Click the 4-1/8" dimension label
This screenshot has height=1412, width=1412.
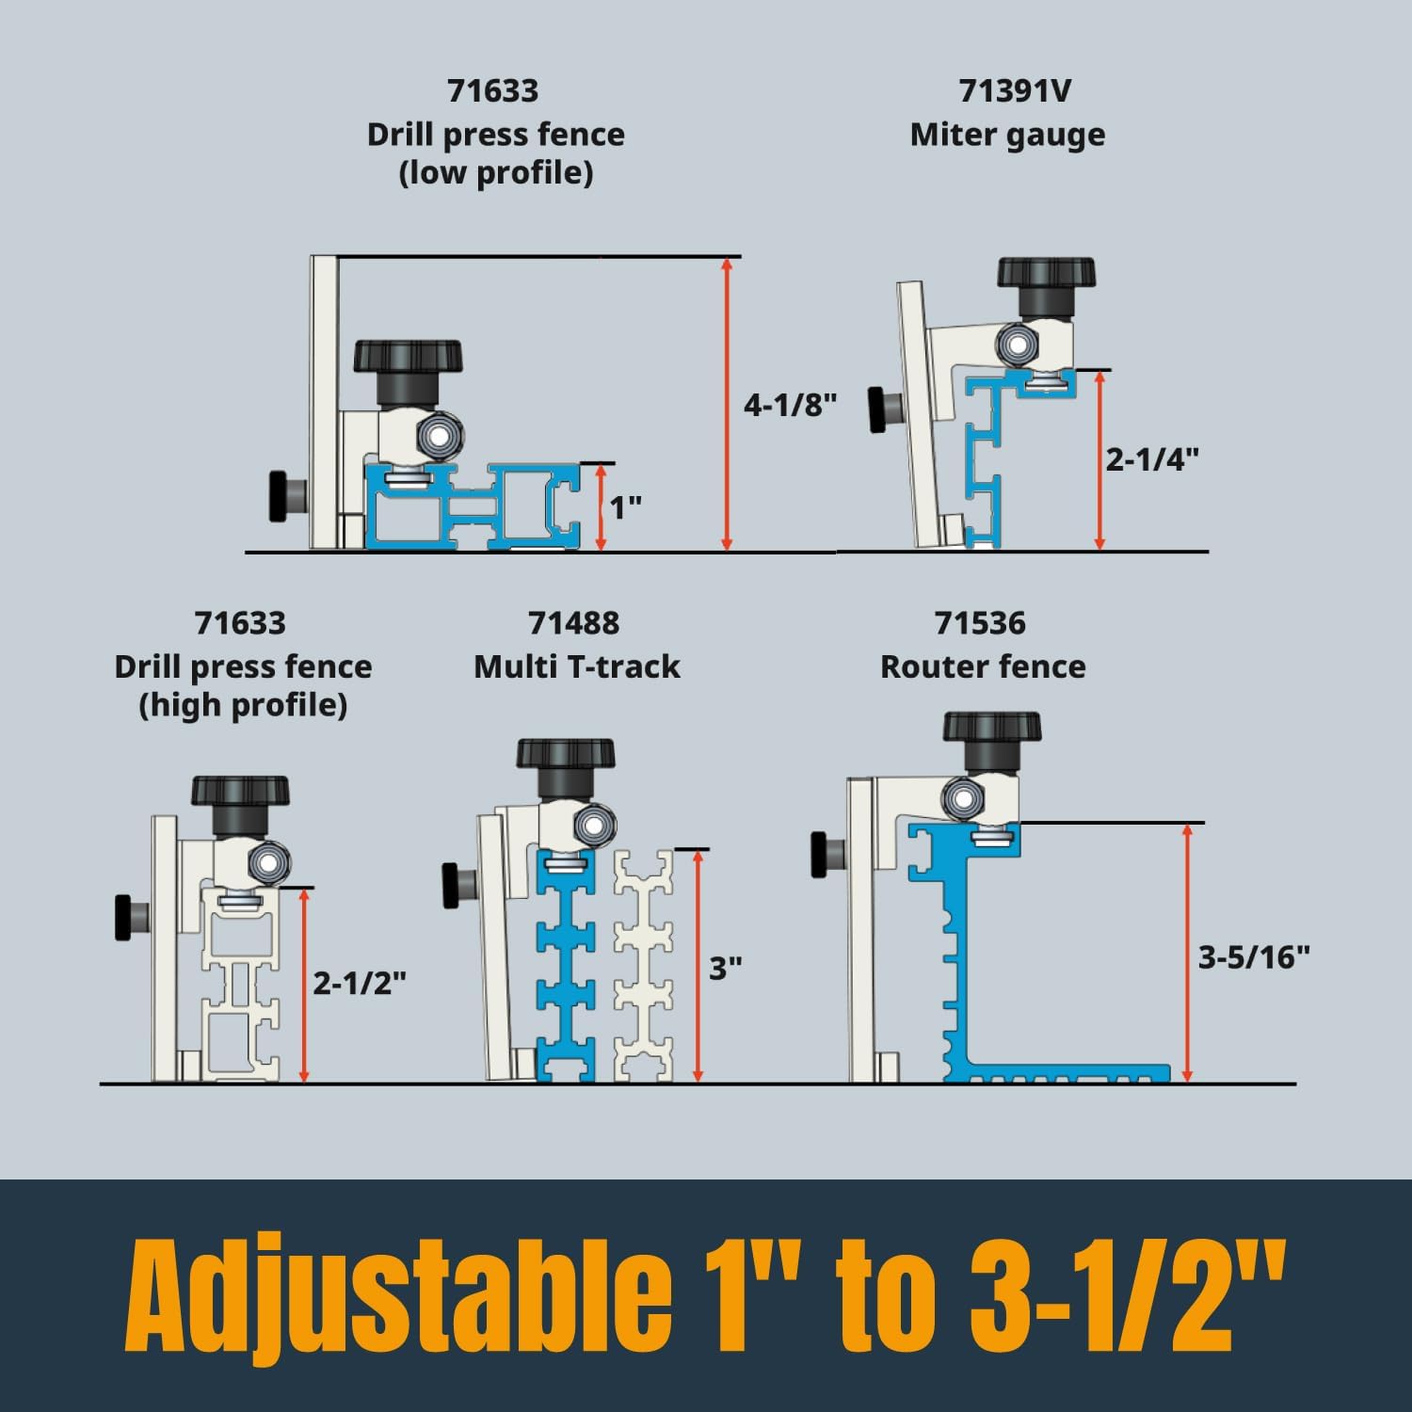coord(790,406)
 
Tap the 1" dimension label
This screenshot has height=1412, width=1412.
coord(625,508)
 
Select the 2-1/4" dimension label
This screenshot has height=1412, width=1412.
coord(1152,459)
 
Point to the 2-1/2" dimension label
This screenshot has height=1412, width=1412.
coord(360,984)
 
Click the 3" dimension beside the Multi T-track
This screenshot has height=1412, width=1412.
coord(726,969)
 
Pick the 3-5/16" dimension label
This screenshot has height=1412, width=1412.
coord(1254,958)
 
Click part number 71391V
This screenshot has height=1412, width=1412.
coord(1015,91)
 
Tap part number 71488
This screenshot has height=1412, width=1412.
coord(573,623)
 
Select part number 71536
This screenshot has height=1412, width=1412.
coord(980,623)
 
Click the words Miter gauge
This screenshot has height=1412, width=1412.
coord(1007,136)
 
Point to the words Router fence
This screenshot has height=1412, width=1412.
coord(983,667)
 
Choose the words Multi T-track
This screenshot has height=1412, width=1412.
coord(576,667)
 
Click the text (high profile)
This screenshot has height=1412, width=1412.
coord(243,706)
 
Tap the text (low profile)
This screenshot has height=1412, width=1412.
coord(496,174)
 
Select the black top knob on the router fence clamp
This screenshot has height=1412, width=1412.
coord(992,728)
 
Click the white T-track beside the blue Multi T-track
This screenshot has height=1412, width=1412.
coord(644,965)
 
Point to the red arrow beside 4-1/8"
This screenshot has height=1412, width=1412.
coord(726,404)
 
